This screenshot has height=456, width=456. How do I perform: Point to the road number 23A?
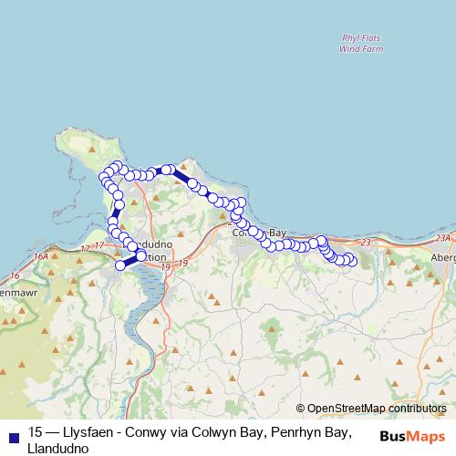(x=443, y=237)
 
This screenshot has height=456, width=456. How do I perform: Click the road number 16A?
(x=40, y=258)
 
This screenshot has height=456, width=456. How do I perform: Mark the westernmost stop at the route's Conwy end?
(x=120, y=265)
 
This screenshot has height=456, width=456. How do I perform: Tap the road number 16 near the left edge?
(x=15, y=275)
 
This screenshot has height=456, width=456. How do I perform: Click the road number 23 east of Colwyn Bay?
(x=366, y=242)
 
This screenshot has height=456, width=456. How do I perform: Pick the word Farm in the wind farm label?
(x=373, y=50)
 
